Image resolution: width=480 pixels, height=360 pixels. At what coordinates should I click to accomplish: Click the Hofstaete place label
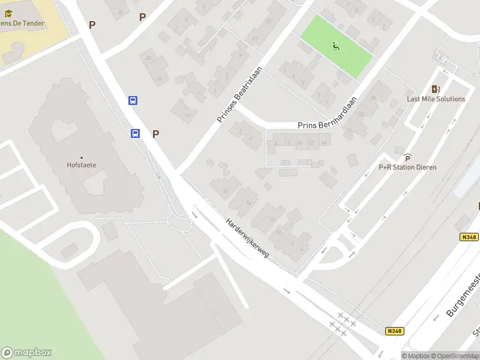[82, 165]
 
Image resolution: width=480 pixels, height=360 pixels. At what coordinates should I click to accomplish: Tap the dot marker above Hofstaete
[82, 158]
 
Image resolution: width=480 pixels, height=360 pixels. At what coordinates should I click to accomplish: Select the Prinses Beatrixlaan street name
[240, 94]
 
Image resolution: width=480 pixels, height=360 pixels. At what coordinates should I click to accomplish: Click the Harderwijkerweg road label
[247, 238]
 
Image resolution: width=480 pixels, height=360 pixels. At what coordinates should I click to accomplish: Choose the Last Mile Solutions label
[436, 99]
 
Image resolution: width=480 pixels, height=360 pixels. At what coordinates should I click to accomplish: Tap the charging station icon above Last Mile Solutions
[436, 89]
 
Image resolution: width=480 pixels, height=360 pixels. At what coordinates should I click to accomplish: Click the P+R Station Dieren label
[407, 167]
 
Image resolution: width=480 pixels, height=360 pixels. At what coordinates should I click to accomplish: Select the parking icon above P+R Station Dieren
[407, 157]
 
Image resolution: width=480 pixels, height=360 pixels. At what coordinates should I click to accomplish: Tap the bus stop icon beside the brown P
[136, 134]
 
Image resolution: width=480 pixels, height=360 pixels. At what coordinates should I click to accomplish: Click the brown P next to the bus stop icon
[155, 134]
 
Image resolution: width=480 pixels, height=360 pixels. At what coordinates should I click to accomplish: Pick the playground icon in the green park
[335, 45]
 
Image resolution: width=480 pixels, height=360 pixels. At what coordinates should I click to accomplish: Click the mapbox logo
[26, 352]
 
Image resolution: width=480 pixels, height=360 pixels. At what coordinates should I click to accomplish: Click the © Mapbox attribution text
[415, 356]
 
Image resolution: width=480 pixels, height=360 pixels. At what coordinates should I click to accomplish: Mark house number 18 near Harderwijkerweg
[226, 191]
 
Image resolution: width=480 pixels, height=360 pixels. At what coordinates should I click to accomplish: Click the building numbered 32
[121, 11]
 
